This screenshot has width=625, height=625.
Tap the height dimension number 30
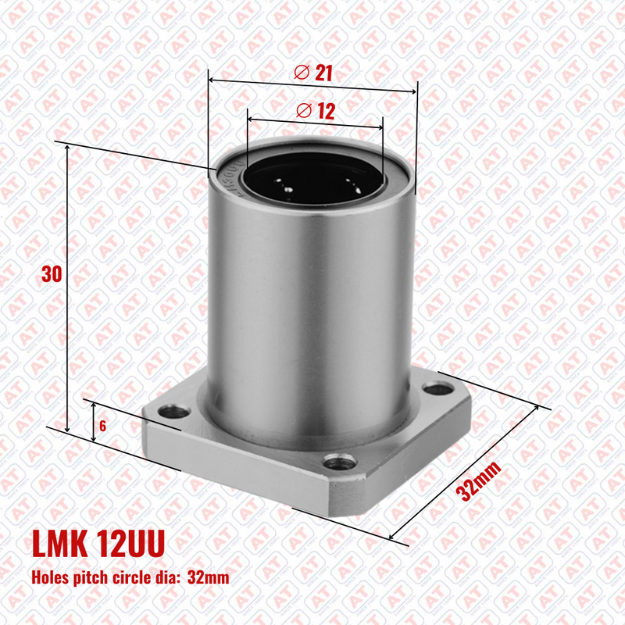tap(52, 274)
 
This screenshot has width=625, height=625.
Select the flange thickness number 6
tap(103, 426)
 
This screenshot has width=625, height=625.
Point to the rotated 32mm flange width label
tap(479, 480)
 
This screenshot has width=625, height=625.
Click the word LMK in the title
tap(60, 543)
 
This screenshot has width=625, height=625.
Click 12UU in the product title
tap(130, 543)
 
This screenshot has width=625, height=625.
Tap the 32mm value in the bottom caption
tap(209, 577)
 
